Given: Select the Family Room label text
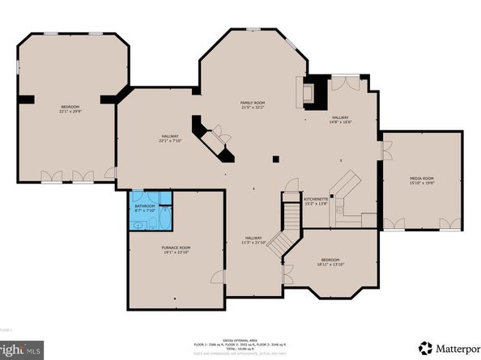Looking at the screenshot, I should [253, 106].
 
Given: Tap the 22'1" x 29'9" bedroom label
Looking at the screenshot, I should [70, 110].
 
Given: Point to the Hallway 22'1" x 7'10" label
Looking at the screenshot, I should [169, 138].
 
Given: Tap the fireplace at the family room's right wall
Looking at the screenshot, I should [309, 92].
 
